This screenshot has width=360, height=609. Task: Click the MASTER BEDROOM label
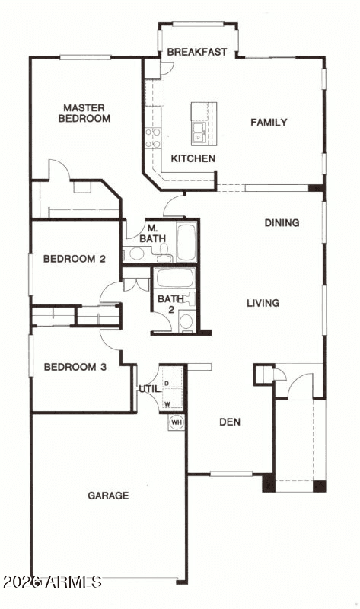click(84, 113)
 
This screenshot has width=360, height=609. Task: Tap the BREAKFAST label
click(197, 52)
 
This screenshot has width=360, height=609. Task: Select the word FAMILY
click(269, 123)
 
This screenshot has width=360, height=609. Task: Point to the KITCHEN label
click(193, 158)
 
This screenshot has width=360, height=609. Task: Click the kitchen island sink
click(199, 132)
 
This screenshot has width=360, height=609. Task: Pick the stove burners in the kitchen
click(153, 138)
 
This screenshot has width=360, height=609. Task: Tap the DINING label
click(282, 223)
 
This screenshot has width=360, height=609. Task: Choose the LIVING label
click(263, 303)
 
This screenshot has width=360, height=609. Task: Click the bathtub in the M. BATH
click(186, 241)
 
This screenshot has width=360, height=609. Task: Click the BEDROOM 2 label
click(74, 259)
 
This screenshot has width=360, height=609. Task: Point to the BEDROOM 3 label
click(75, 367)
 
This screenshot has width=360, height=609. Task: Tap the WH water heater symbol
click(177, 422)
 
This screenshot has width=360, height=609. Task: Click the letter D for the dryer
click(167, 384)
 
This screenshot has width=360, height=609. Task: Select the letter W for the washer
click(167, 404)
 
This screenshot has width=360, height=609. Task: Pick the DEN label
click(230, 422)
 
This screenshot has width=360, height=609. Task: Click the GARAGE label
click(108, 496)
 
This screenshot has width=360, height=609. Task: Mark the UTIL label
click(150, 389)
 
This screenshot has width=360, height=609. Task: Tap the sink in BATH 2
click(186, 321)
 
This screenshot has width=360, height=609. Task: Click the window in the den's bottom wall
click(231, 473)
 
